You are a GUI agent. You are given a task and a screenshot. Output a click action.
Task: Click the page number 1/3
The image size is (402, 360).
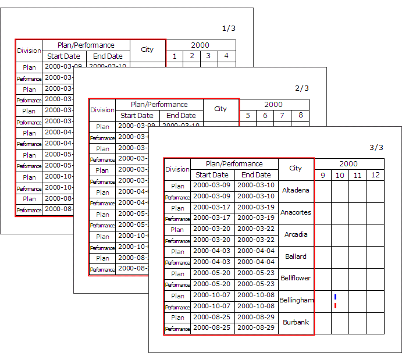(x=229, y=28)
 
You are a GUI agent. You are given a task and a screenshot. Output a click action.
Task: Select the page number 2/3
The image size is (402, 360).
(x=302, y=88)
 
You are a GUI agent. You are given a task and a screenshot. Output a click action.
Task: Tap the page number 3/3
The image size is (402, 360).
(x=377, y=148)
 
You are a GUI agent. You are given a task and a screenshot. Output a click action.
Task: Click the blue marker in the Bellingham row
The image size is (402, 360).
(x=336, y=297)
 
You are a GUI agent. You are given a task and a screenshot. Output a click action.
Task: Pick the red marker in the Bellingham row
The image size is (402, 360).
(x=336, y=305)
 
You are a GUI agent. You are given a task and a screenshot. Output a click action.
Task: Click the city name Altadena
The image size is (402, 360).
(x=296, y=190)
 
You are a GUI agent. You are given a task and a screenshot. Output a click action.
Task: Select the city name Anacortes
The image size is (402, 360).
(x=296, y=212)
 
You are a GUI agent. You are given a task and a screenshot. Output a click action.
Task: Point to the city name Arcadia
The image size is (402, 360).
(x=296, y=234)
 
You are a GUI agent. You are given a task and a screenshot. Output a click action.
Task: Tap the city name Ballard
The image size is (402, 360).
(x=296, y=256)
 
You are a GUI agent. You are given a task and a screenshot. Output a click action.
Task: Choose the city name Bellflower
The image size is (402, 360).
(x=296, y=278)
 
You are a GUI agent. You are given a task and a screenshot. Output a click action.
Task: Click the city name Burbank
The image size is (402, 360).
(x=296, y=322)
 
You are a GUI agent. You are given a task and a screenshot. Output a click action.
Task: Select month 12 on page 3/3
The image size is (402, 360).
(x=375, y=175)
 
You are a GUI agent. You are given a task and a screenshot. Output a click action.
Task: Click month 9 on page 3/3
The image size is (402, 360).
(x=323, y=175)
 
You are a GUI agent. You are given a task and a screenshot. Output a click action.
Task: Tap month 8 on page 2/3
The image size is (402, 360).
(x=300, y=116)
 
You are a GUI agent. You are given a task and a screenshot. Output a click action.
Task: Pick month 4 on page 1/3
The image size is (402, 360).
(x=227, y=56)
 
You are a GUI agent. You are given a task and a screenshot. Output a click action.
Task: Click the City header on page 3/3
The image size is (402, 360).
(x=296, y=169)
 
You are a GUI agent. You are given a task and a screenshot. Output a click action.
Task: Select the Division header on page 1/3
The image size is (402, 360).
(x=29, y=51)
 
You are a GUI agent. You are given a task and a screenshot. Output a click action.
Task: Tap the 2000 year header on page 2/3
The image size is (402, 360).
(x=273, y=105)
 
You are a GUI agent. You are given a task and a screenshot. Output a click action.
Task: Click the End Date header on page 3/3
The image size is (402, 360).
(x=256, y=175)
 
